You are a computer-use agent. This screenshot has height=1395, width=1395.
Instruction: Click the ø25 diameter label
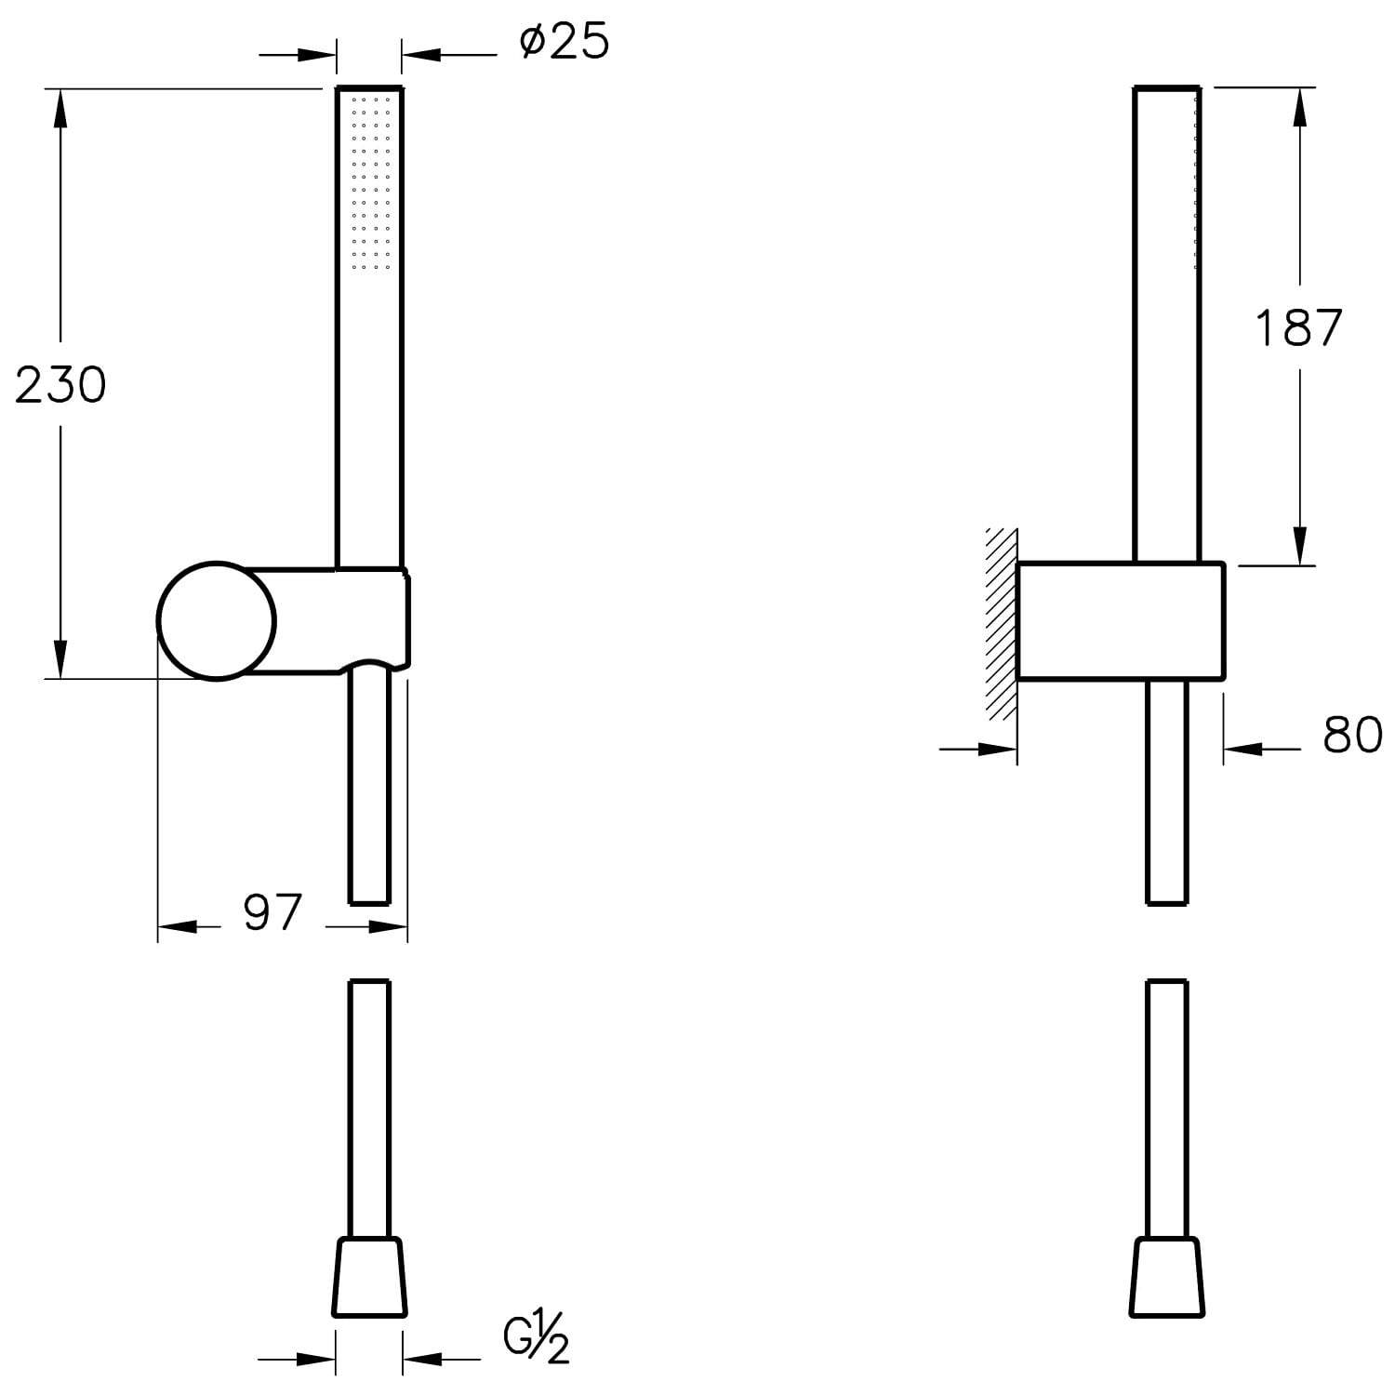click(x=565, y=43)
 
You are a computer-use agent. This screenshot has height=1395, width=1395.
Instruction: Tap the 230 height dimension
click(x=61, y=384)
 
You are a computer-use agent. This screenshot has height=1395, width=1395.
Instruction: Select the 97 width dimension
click(x=272, y=912)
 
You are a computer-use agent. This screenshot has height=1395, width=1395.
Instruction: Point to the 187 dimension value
click(x=1298, y=327)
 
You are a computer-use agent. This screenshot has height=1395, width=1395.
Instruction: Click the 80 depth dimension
click(x=1352, y=735)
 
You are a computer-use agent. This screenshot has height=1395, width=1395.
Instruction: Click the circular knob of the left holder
click(x=217, y=621)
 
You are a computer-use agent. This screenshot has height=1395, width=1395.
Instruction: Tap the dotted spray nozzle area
click(x=370, y=181)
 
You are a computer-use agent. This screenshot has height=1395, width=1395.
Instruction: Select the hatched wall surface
click(x=1002, y=623)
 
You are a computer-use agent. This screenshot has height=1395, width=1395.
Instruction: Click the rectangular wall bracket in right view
click(x=1121, y=621)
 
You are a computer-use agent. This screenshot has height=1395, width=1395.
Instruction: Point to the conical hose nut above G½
click(x=370, y=1277)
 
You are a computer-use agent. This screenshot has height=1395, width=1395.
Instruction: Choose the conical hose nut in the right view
click(x=1167, y=1277)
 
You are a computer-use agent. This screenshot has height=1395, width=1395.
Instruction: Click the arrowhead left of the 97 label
click(x=177, y=927)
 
